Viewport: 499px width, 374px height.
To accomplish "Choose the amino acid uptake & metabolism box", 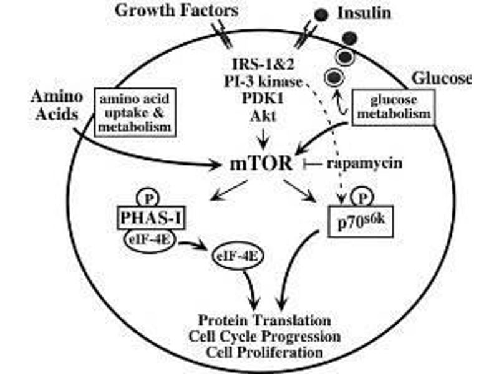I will [133, 110].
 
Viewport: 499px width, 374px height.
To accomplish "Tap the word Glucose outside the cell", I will [440, 79].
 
